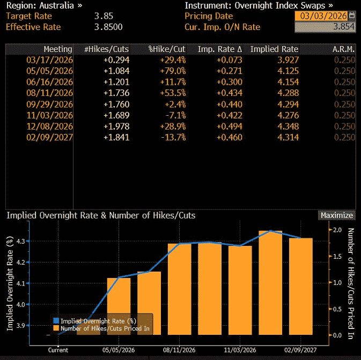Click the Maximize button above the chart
pyautogui.click(x=336, y=215)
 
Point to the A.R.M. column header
pyautogui.click(x=344, y=49)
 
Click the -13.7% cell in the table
pyautogui.click(x=172, y=138)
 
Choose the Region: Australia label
pyautogui.click(x=44, y=5)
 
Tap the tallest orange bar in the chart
pyautogui.click(x=270, y=282)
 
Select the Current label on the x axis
pyautogui.click(x=58, y=350)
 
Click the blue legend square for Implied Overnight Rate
pyautogui.click(x=56, y=320)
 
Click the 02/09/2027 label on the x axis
pyautogui.click(x=300, y=350)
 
